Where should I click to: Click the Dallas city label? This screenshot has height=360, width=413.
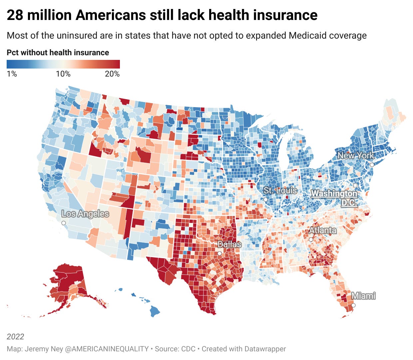coord(229,245)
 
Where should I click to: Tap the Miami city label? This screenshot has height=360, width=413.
coord(363,295)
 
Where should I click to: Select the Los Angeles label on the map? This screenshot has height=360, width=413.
coord(85,214)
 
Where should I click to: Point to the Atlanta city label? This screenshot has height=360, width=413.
coord(322,230)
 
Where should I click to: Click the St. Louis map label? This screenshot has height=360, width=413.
coord(280,191)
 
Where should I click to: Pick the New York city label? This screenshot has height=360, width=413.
coord(356,155)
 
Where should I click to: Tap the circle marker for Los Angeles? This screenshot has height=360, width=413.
coord(64,223)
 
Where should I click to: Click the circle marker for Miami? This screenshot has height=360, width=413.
coord(353,305)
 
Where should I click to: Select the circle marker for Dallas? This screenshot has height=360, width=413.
coord(219,254)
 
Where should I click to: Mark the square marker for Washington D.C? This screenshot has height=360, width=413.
coord(355,185)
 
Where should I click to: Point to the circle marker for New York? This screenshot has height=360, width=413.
coord(372,165)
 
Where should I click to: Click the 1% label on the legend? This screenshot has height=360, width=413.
coord(12,74)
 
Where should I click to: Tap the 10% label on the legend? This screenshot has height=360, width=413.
coord(63,74)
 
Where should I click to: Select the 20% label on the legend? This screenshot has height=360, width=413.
coord(112,74)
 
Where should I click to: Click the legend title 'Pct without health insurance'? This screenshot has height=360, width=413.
coord(58,53)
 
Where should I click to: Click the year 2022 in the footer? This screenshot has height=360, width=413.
coord(15,336)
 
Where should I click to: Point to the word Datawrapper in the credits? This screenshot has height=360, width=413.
coord(265,349)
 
